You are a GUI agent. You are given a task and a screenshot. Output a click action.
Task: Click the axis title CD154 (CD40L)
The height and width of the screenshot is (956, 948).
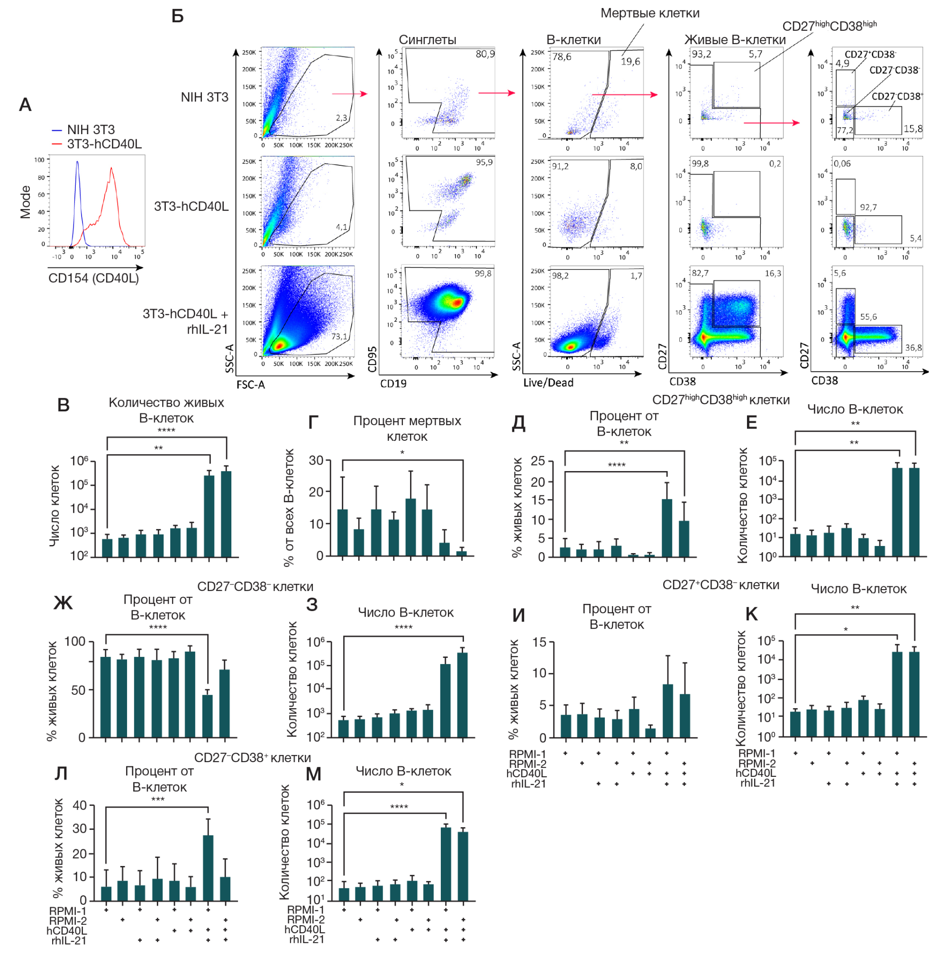(93, 278)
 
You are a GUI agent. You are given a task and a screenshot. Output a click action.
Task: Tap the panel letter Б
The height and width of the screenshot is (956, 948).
(178, 16)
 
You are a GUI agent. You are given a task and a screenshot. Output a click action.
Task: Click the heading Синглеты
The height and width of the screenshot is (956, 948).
(428, 40)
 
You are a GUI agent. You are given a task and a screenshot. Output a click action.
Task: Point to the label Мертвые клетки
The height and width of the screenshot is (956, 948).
(650, 13)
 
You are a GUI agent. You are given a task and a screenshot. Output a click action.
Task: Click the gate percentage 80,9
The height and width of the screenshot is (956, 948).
(485, 54)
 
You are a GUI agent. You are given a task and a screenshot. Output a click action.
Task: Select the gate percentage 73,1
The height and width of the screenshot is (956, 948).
(339, 337)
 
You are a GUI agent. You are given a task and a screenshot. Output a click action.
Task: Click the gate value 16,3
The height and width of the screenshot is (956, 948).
(773, 273)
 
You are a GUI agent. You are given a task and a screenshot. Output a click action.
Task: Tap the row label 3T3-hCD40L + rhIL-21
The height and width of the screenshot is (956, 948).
(185, 321)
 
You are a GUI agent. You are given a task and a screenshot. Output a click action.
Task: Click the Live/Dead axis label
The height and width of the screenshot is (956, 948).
(548, 382)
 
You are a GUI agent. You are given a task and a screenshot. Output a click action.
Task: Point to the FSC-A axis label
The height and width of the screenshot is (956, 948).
(250, 384)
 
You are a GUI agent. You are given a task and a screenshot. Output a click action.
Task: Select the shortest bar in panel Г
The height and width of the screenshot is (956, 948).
(462, 554)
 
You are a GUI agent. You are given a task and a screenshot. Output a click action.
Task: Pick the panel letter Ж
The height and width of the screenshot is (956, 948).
(63, 603)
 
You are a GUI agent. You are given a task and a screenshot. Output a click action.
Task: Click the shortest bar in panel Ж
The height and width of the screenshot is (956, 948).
(207, 716)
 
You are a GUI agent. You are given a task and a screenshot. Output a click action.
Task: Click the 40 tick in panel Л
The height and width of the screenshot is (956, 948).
(80, 806)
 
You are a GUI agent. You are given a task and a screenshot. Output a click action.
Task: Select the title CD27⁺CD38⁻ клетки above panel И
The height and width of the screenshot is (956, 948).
(720, 585)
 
